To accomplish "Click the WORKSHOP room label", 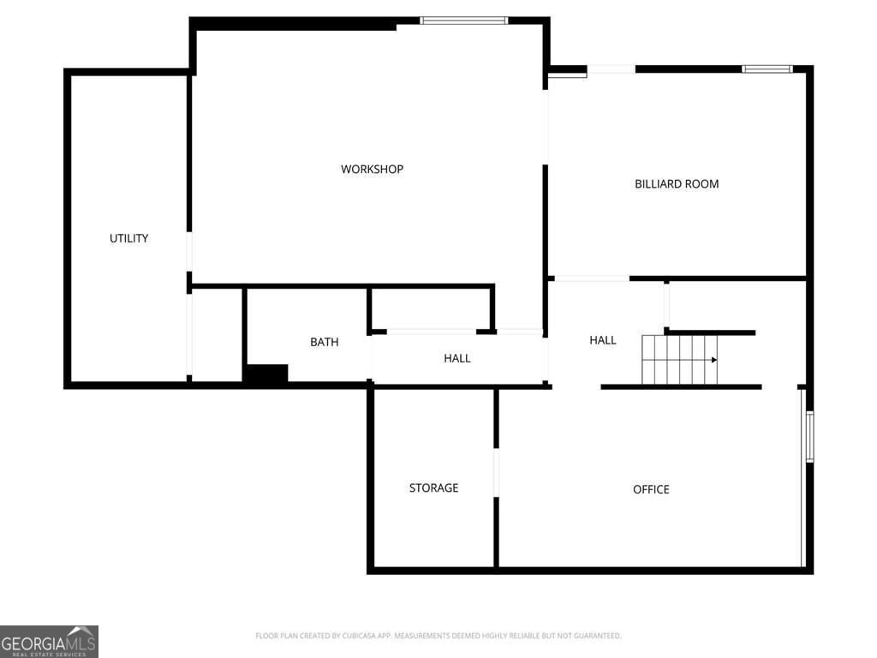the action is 372,169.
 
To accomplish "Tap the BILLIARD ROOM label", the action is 677,184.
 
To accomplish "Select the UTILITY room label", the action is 128,238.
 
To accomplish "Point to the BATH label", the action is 325,342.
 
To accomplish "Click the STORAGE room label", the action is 433,488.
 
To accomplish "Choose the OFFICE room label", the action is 651,489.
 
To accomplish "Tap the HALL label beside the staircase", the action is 603,340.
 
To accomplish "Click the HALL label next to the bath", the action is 457,358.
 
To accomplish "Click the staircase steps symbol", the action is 679,360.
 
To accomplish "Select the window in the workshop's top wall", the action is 463,21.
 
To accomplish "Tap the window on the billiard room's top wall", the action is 767,69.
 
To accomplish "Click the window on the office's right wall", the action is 809,436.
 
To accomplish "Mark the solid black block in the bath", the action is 267,374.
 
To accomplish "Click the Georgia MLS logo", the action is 49,642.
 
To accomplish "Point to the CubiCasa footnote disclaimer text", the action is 438,636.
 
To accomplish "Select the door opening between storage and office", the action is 496,472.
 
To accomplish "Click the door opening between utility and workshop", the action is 189,252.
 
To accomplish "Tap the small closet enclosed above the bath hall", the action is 431,308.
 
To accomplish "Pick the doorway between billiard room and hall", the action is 592,278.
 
